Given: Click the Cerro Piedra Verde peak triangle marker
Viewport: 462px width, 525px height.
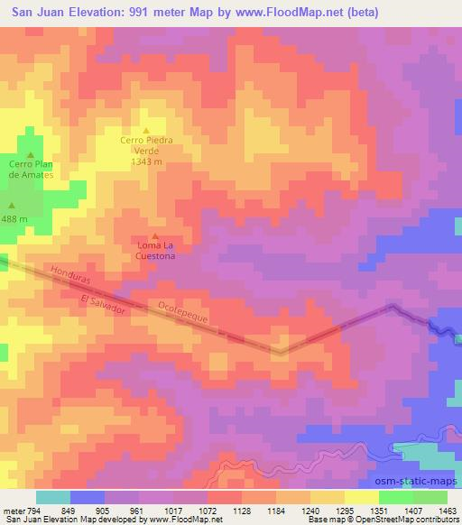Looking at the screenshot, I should tap(146, 130).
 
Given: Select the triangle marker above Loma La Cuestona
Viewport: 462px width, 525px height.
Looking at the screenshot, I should tap(154, 236).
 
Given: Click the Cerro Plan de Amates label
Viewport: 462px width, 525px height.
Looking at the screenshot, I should tap(32, 169).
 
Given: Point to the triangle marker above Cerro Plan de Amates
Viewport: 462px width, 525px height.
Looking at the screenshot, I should tap(31, 153).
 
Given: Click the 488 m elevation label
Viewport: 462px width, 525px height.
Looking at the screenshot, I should tap(14, 219).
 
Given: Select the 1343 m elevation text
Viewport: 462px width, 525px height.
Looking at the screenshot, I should tap(146, 163).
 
